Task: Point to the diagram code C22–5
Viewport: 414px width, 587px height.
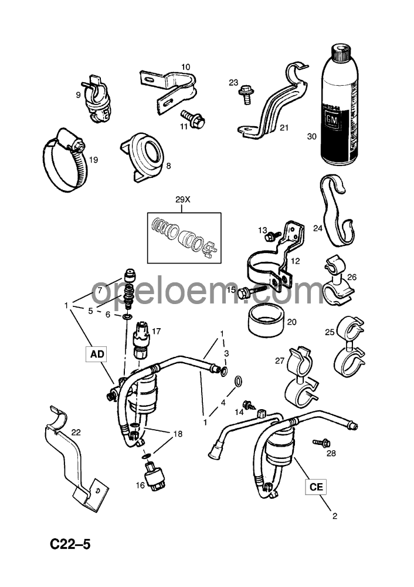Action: click(x=70, y=545)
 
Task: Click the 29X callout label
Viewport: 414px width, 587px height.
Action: click(x=184, y=200)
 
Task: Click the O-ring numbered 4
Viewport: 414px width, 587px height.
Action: click(x=239, y=382)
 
